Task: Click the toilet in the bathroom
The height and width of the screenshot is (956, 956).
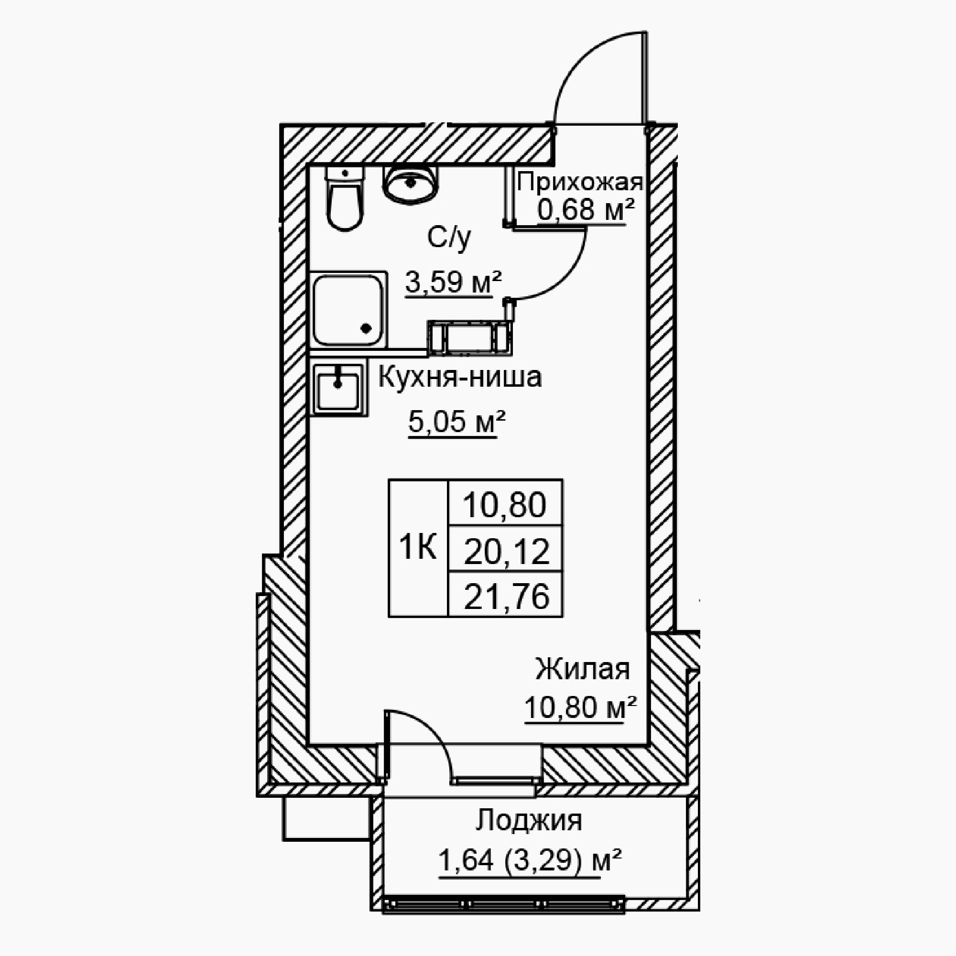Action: tap(345, 198)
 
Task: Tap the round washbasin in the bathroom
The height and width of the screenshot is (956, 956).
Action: tap(410, 184)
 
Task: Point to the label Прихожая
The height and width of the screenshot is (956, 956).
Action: tap(579, 183)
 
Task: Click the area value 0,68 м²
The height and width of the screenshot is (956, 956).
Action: tap(586, 210)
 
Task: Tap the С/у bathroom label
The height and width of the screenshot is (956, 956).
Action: tap(449, 239)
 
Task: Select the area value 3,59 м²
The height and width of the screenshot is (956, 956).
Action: tap(453, 282)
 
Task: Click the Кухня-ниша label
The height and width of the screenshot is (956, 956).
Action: tap(460, 377)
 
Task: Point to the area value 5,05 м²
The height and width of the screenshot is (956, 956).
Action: tap(456, 421)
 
